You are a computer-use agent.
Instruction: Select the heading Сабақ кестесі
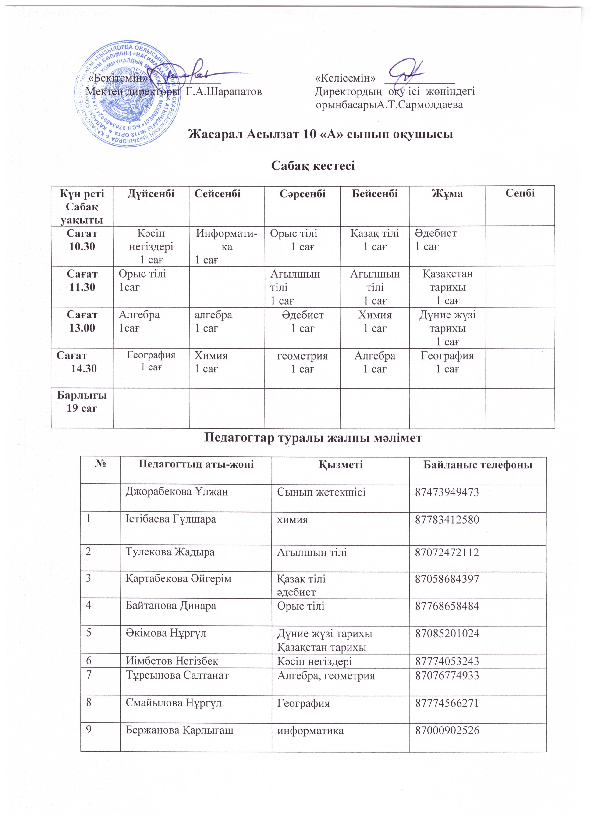tap(313, 166)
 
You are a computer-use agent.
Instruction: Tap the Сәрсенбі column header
tap(302, 194)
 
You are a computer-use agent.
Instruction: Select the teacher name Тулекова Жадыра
tap(170, 552)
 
